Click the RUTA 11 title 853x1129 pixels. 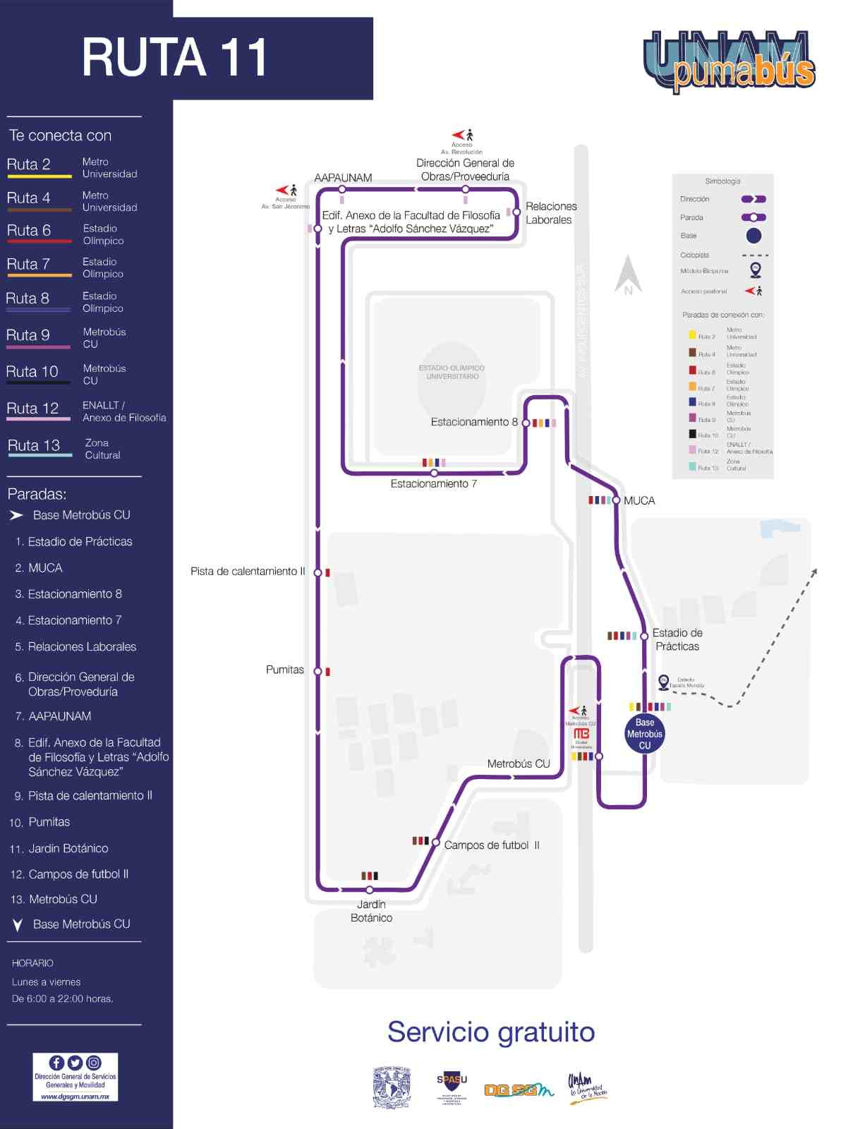[x=175, y=58]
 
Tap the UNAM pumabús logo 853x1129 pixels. [x=730, y=61]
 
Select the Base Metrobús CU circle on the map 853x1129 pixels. [x=644, y=734]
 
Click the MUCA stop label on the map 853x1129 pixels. [x=639, y=501]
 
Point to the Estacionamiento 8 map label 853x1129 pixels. [x=473, y=422]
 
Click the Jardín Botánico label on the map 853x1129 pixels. [x=371, y=911]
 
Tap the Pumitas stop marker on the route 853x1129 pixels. [x=318, y=671]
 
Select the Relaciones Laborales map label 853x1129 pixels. [x=550, y=213]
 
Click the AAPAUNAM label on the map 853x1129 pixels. [x=343, y=178]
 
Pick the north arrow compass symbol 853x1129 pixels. [x=627, y=275]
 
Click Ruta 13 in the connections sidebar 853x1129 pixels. [x=33, y=445]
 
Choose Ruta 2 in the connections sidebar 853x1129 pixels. [x=29, y=164]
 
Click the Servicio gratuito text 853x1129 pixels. [x=491, y=1032]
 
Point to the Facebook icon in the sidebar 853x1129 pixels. [x=56, y=1063]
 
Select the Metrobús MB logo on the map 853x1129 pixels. [x=581, y=734]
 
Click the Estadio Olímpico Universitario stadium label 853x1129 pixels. [x=452, y=372]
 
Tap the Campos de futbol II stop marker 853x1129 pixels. [x=436, y=843]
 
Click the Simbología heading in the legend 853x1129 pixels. [x=722, y=181]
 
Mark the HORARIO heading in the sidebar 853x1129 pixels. [x=32, y=963]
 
